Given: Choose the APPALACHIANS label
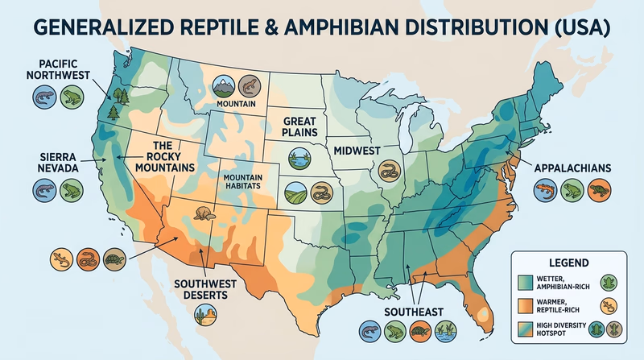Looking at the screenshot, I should coord(572,168).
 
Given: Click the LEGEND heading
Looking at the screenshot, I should coord(568,263).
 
